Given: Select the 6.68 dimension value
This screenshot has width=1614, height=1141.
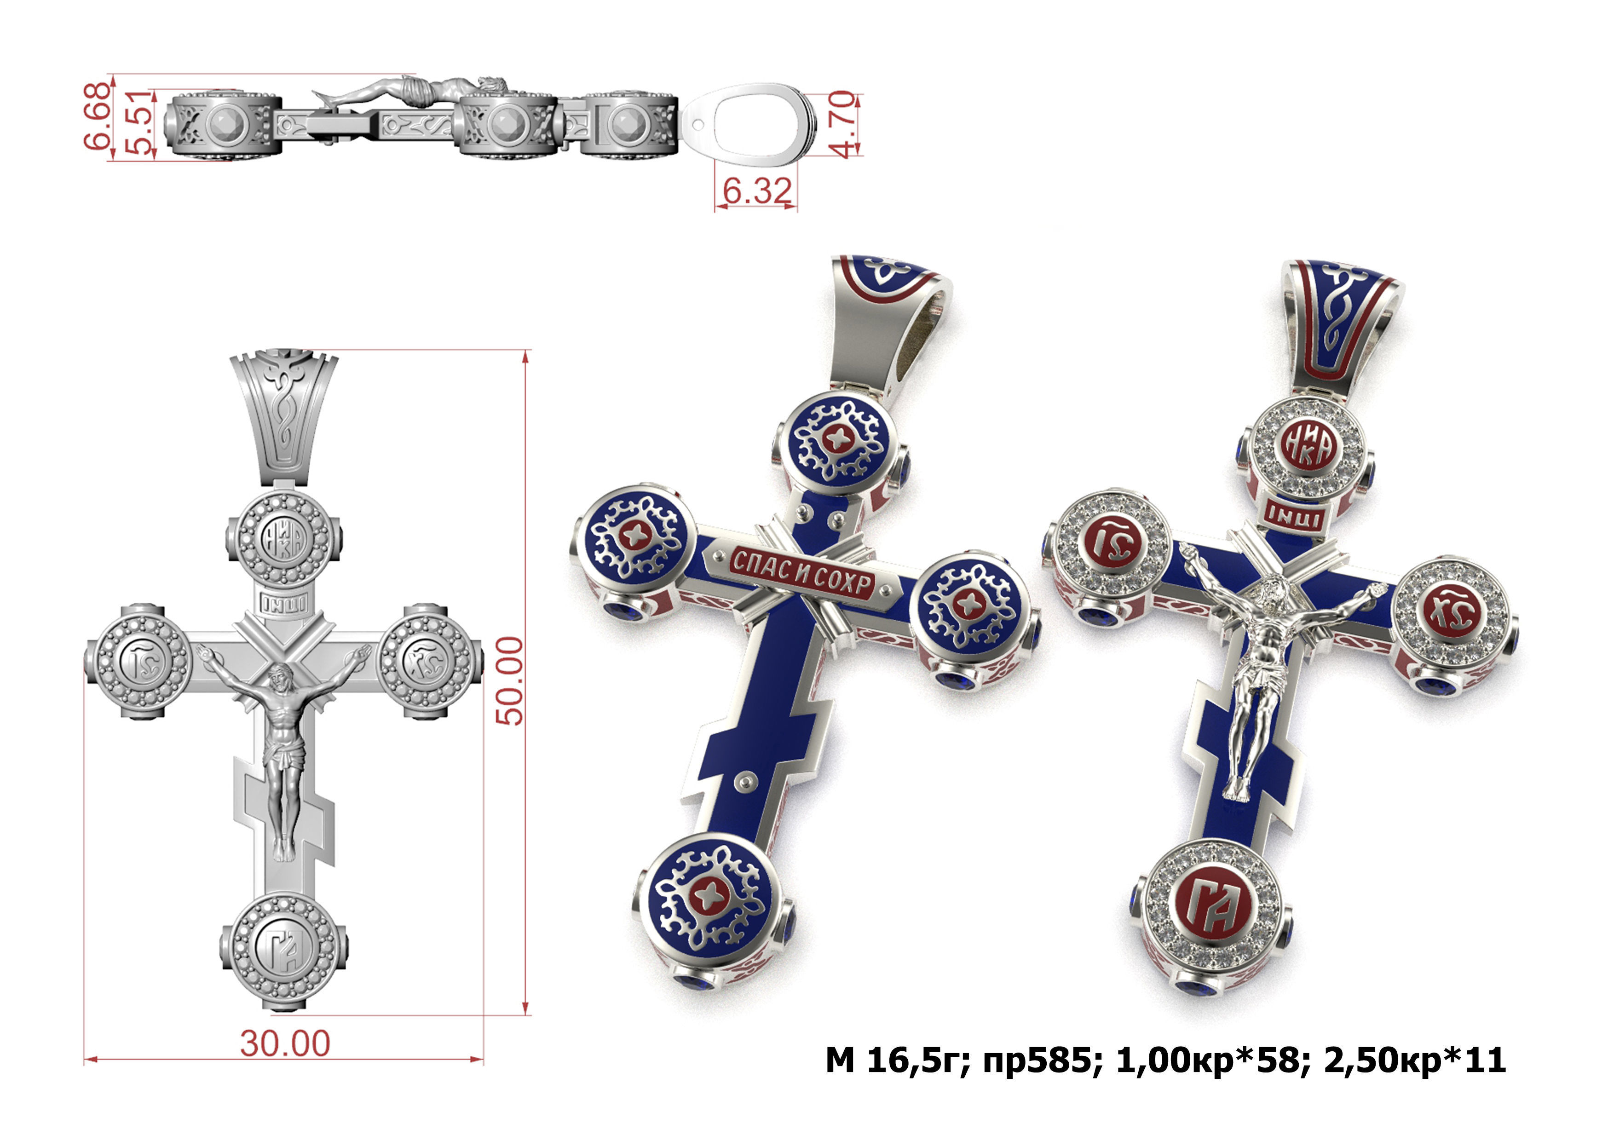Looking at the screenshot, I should tap(97, 115).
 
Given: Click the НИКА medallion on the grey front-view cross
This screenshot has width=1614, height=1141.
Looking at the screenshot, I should tap(283, 541).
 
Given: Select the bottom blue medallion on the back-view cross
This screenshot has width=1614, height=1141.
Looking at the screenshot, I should tap(709, 899).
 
